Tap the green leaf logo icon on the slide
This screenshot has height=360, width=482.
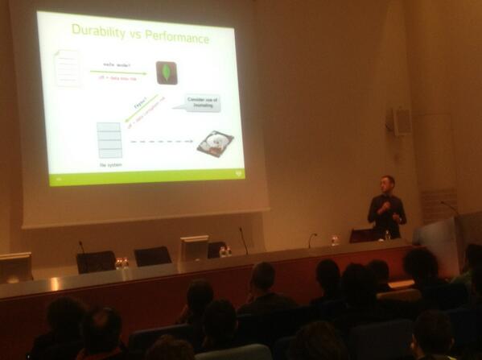coord(166,73)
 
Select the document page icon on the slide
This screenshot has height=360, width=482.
coord(67,68)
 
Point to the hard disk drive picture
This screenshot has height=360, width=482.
coord(215,143)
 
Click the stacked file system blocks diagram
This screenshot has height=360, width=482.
coord(109,141)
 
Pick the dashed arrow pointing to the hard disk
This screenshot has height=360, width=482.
coord(162,142)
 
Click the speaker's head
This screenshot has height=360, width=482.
coord(388,183)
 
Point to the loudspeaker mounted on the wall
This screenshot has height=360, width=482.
coord(399,121)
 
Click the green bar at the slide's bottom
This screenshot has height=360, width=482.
coord(145,176)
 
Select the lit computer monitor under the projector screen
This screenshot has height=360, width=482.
coord(193,248)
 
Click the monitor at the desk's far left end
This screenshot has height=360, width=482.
coord(14,267)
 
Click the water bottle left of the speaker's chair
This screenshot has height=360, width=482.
coord(335,239)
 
